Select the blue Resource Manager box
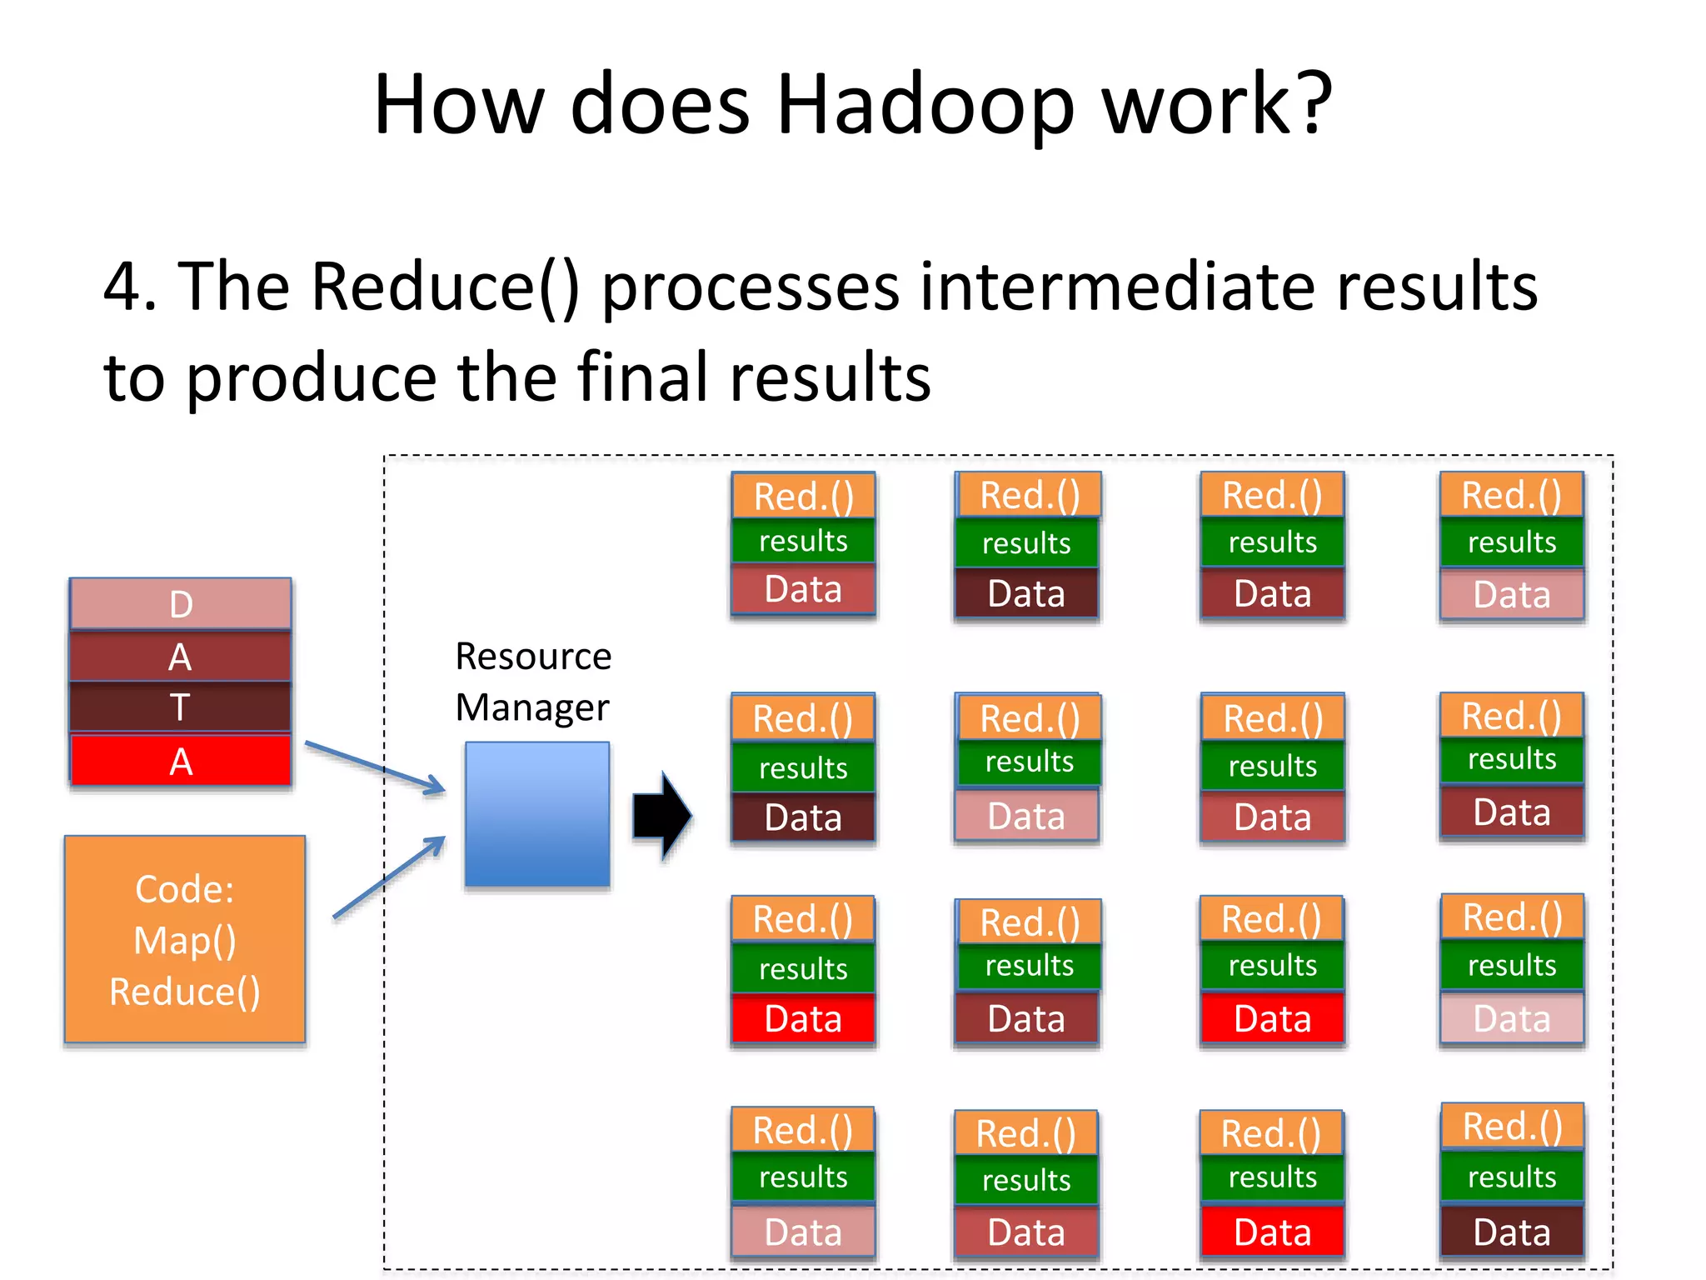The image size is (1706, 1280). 537,814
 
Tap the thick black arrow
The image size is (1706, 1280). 661,815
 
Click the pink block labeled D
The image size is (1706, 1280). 181,604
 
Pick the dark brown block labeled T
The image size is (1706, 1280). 181,707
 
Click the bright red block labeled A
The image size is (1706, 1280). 181,761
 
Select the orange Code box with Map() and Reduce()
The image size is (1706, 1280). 185,939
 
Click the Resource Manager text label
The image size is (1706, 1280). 533,682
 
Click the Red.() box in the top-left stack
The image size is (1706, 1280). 803,497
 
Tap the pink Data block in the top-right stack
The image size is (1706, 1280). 1511,595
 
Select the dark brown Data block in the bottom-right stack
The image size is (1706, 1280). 1511,1232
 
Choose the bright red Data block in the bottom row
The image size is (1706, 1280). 1272,1232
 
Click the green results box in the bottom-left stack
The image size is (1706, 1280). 803,1177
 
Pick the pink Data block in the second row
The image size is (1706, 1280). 1026,817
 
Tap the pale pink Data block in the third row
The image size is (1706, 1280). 1511,1018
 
